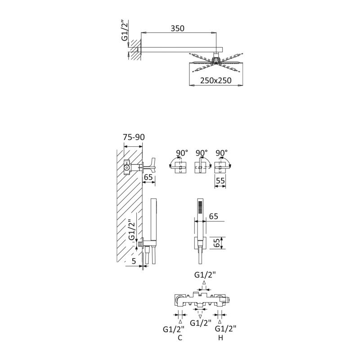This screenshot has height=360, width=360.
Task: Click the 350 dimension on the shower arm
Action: click(177, 28)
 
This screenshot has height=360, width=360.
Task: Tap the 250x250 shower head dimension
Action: click(216, 81)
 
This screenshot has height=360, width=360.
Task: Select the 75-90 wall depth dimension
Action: click(134, 137)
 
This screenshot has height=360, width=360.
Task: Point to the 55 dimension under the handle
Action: click(220, 180)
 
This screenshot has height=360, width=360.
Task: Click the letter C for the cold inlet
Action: click(180, 338)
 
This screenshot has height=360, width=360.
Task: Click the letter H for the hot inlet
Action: click(220, 338)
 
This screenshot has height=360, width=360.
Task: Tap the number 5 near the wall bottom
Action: click(134, 261)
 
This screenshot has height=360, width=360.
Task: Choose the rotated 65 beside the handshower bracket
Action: click(217, 243)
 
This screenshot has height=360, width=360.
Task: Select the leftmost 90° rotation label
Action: click(182, 153)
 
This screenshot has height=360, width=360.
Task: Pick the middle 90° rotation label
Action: click(202, 153)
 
